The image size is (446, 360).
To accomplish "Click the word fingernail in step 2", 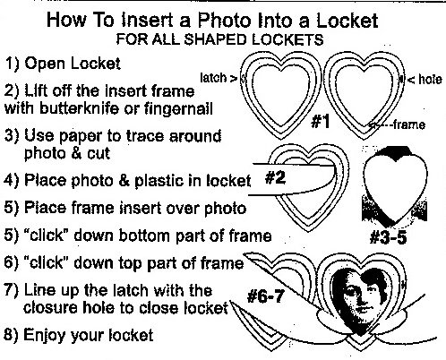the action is (178, 108).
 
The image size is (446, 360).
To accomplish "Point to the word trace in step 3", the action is (145, 136).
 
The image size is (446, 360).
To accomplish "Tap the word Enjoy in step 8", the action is (46, 335).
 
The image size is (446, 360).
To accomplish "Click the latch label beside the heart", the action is (213, 78).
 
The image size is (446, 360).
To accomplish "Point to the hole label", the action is (430, 80).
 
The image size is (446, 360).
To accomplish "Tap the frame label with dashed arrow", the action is (409, 124).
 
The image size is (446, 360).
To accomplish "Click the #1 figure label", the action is (321, 122).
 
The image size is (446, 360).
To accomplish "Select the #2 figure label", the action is (275, 178).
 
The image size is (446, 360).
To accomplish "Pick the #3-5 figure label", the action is (388, 238).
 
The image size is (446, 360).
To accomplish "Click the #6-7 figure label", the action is (265, 296).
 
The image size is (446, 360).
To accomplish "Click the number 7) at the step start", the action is (12, 290).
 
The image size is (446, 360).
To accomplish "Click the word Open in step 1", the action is (46, 64).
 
